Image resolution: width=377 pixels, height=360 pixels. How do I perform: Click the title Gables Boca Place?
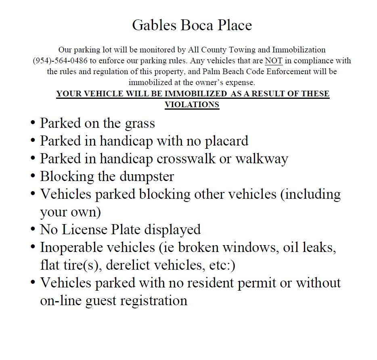click(x=192, y=25)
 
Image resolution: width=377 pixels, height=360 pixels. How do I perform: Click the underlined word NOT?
click(x=273, y=61)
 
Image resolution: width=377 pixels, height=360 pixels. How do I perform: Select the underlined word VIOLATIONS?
click(x=192, y=104)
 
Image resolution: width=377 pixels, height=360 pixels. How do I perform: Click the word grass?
click(x=140, y=123)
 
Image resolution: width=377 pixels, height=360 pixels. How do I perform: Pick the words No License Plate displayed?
click(x=120, y=229)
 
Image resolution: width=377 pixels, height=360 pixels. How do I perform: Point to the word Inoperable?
click(x=75, y=247)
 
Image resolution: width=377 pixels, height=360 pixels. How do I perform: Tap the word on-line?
click(x=61, y=301)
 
